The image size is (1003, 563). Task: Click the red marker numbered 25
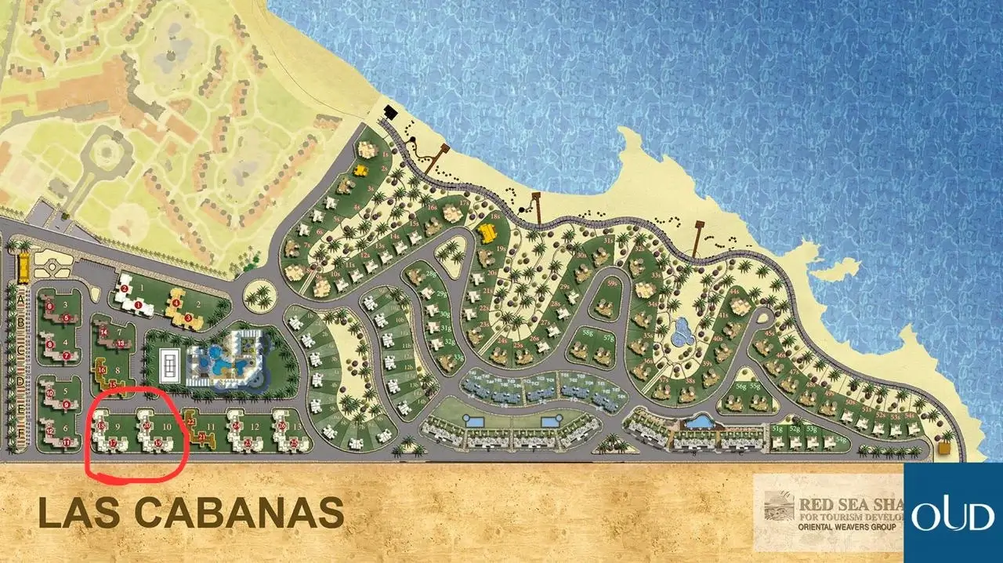(x=294, y=444)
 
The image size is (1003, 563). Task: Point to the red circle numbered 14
(x=103, y=331)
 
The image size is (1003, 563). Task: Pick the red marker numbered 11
(x=67, y=442)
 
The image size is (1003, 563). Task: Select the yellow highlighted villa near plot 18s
(x=487, y=232)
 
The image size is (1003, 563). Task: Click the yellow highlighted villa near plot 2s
(x=361, y=169)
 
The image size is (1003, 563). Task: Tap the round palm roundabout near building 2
(x=259, y=296)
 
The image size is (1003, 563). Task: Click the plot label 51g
(x=777, y=429)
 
